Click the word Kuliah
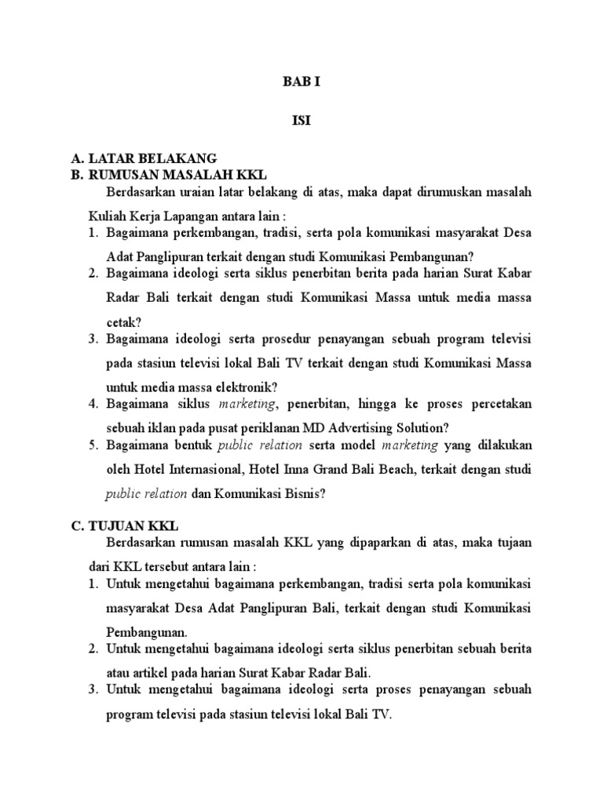pyautogui.click(x=103, y=215)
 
